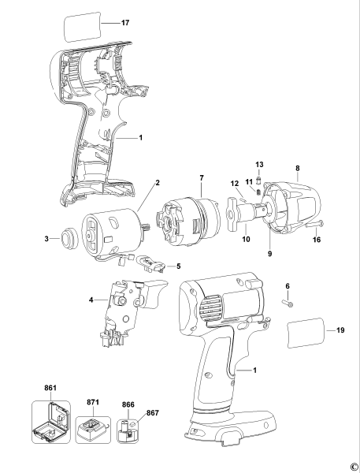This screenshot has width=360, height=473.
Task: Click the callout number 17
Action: point(125,23)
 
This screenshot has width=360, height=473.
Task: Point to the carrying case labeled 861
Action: point(50,426)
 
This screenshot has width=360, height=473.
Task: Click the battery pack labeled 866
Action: point(126,433)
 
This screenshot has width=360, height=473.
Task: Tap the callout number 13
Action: point(259,163)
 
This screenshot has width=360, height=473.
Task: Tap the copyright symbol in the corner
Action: point(353,466)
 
